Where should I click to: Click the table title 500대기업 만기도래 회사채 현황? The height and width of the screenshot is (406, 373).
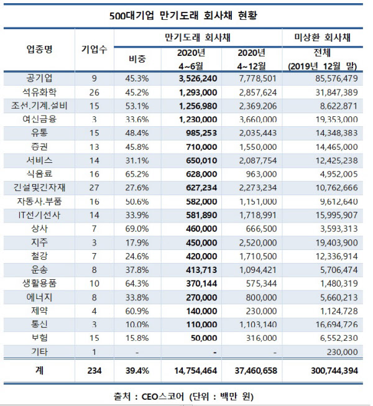[186, 14]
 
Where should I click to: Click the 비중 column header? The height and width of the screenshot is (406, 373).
[136, 59]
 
